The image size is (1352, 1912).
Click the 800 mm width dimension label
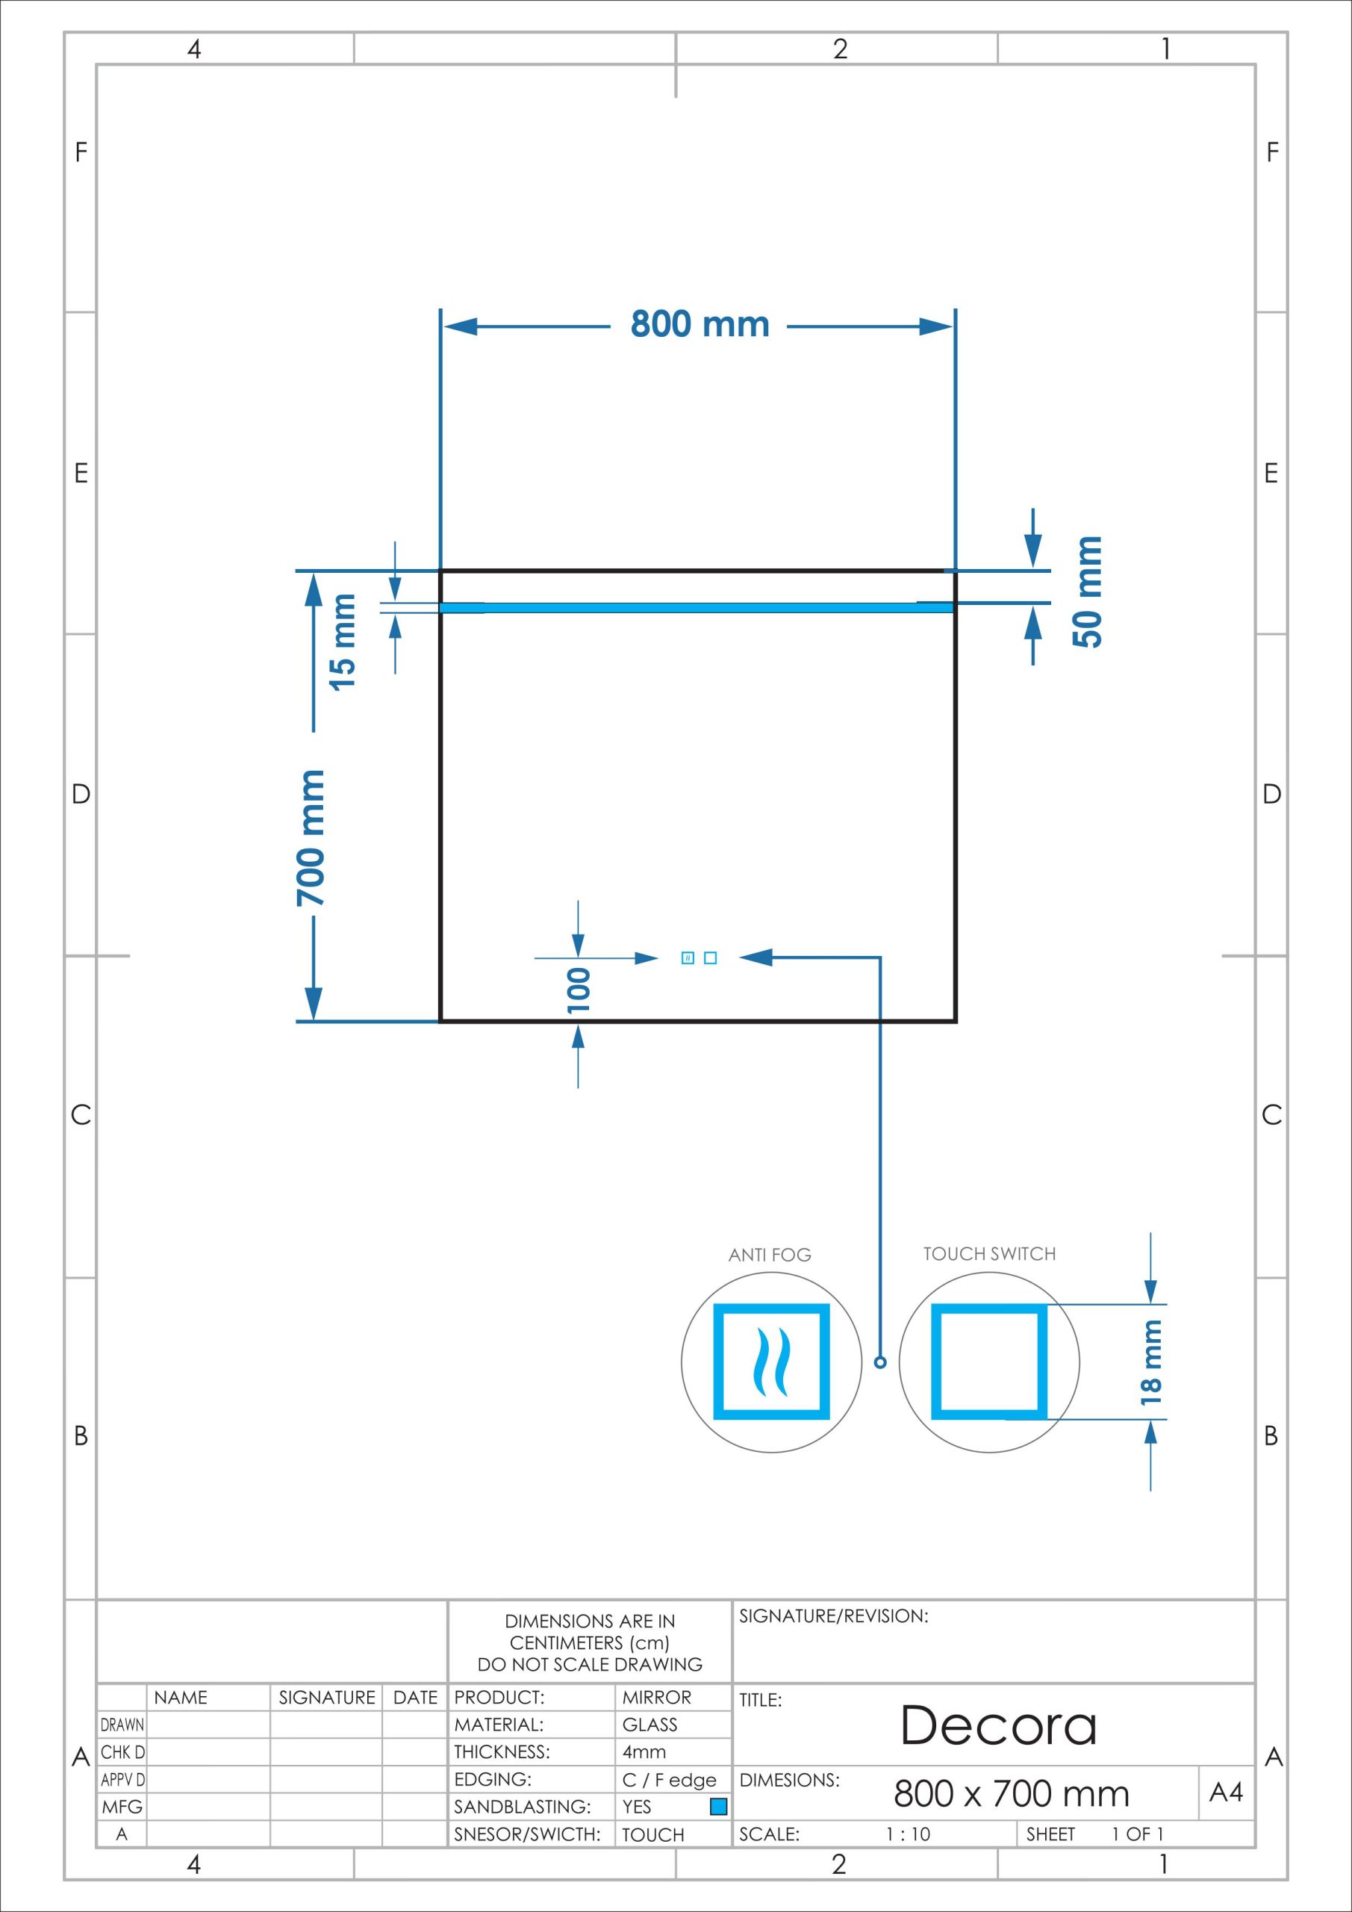pyautogui.click(x=700, y=324)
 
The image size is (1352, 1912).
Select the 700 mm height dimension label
pyautogui.click(x=311, y=838)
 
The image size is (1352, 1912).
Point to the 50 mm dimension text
pyautogui.click(x=1087, y=592)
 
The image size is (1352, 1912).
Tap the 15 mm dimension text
pyautogui.click(x=342, y=642)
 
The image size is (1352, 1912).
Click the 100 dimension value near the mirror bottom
pyautogui.click(x=579, y=990)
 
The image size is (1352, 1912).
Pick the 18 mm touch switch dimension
pyautogui.click(x=1150, y=1362)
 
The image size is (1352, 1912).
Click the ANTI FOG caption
pyautogui.click(x=769, y=1254)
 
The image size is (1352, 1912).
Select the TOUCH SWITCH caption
pyautogui.click(x=989, y=1253)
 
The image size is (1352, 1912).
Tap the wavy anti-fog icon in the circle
pyautogui.click(x=771, y=1362)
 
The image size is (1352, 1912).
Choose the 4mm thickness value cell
pyautogui.click(x=644, y=1752)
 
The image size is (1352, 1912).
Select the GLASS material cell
pyautogui.click(x=649, y=1725)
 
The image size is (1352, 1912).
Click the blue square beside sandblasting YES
pyautogui.click(x=718, y=1806)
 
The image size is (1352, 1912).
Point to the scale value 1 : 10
pyautogui.click(x=908, y=1834)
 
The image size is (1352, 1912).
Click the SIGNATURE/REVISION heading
pyautogui.click(x=833, y=1615)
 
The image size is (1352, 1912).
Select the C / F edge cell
pyautogui.click(x=670, y=1780)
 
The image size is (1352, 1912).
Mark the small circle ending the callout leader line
pyautogui.click(x=880, y=1362)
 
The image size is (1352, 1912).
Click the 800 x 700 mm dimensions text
pyautogui.click(x=1012, y=1793)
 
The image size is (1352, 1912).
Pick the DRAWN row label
pyautogui.click(x=122, y=1725)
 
